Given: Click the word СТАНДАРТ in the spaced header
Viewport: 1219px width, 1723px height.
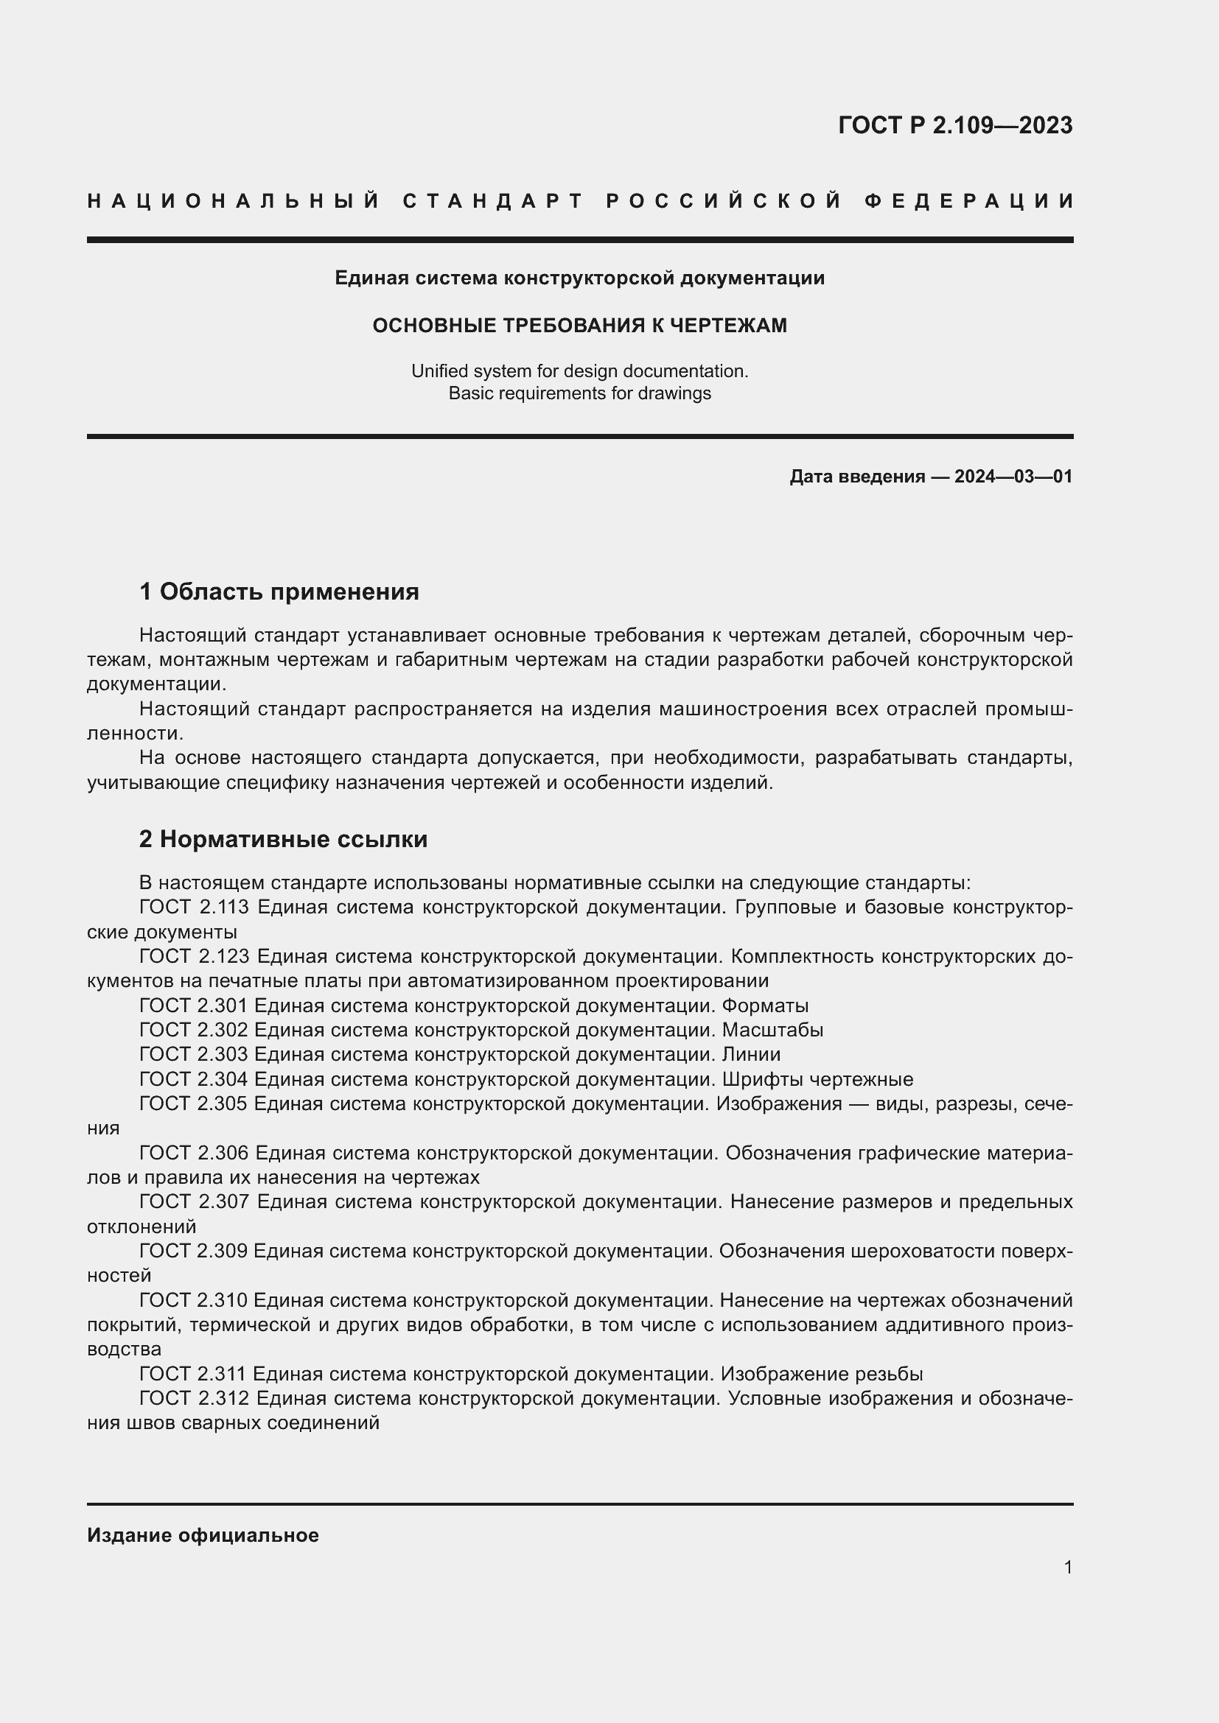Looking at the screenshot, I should click(x=493, y=201).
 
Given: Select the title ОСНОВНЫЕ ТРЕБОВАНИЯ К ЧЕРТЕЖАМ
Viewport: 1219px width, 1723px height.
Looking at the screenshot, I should click(x=579, y=325).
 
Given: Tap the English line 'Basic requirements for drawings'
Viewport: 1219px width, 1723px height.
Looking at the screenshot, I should click(x=579, y=393).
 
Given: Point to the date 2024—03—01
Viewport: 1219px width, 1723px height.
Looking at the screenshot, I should click(x=1013, y=477).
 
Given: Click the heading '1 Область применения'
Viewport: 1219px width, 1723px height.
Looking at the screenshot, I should click(x=279, y=592).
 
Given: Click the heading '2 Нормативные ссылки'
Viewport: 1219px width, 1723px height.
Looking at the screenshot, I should click(x=283, y=839).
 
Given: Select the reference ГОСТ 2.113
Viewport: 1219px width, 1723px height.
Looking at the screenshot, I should click(x=194, y=908).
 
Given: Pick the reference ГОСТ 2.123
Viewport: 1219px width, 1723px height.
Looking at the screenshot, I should click(x=194, y=957).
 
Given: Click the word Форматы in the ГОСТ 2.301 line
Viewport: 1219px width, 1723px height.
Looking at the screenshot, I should click(x=765, y=1006).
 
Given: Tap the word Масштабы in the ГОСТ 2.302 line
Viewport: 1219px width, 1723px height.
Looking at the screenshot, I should click(x=772, y=1031).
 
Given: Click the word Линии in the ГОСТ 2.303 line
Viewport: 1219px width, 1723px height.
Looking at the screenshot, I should click(x=750, y=1054).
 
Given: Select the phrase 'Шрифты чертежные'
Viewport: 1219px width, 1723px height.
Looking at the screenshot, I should click(x=817, y=1079).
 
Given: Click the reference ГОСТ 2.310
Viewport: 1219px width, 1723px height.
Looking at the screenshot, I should click(x=193, y=1300).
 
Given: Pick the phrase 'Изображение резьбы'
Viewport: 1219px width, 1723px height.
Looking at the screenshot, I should click(x=821, y=1374).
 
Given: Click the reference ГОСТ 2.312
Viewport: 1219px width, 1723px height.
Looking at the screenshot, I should click(x=194, y=1399).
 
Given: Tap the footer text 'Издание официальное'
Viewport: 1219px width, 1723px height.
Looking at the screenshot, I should click(x=203, y=1535).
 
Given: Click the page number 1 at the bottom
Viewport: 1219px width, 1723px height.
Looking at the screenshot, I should click(x=1067, y=1567).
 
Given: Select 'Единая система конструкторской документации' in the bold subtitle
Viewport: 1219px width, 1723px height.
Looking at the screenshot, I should click(x=579, y=278).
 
